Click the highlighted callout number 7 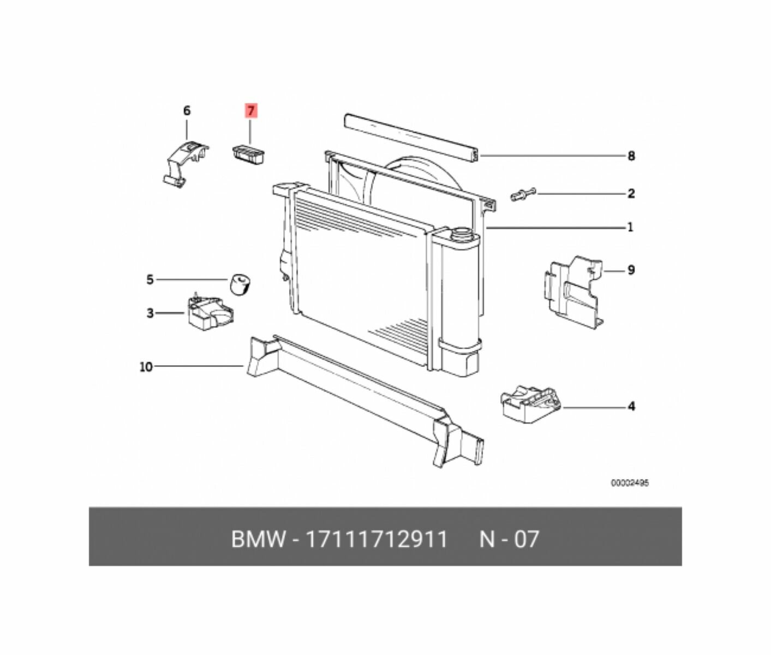[251, 111]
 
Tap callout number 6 [187, 111]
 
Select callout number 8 [631, 156]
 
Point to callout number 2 [631, 193]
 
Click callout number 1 [630, 227]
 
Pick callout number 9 [631, 270]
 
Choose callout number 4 [631, 406]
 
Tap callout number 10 [146, 367]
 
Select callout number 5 [150, 280]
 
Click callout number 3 [150, 313]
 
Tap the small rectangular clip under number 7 [249, 153]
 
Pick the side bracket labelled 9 [573, 289]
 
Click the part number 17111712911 [376, 539]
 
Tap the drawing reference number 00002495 [629, 483]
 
